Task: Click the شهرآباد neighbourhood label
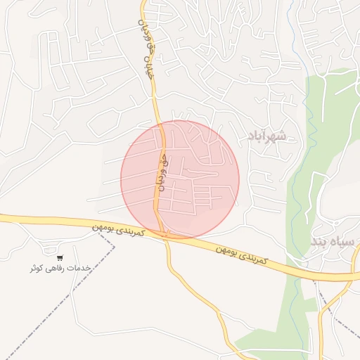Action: click(266, 135)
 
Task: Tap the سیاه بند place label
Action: click(333, 242)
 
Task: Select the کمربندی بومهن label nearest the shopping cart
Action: click(119, 230)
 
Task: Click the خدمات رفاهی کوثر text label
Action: click(61, 268)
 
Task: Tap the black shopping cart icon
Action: click(60, 258)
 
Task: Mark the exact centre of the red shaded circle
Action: click(180, 179)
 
